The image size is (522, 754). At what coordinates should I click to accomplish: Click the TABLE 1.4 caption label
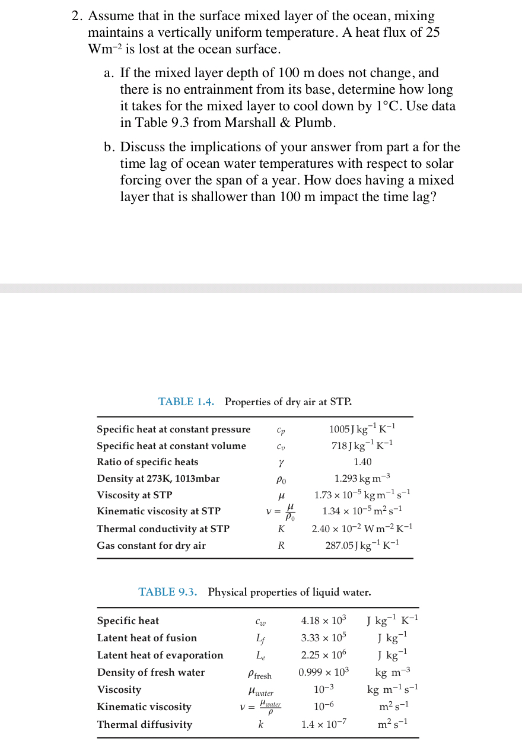[186, 402]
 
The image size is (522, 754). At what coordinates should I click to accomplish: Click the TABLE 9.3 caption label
[168, 592]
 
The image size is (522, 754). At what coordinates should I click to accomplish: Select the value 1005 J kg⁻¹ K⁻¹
[362, 429]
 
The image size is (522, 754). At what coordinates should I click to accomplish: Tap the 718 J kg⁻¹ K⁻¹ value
[362, 446]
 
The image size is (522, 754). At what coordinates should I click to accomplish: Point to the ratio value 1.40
[362, 462]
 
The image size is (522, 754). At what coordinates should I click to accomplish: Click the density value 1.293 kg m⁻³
[362, 478]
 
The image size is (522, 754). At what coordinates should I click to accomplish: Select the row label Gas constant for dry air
[151, 545]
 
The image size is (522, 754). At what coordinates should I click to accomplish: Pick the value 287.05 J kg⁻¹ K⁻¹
[362, 545]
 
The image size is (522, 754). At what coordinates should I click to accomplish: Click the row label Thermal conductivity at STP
[163, 529]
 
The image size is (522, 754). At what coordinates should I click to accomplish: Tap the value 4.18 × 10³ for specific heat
[323, 621]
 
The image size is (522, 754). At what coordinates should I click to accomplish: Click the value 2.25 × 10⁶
[323, 655]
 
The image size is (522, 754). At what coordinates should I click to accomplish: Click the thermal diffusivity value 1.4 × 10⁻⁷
[324, 724]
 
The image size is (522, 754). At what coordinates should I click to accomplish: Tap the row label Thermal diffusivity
[145, 724]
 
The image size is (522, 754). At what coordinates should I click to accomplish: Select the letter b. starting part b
[110, 147]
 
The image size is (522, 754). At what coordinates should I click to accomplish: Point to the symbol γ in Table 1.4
[281, 463]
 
